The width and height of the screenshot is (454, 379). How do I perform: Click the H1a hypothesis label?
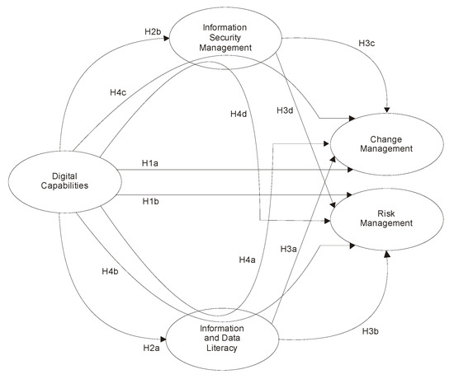click(x=149, y=165)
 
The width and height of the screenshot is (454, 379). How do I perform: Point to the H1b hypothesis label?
click(x=149, y=203)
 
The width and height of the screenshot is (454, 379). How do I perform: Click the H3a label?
click(x=288, y=248)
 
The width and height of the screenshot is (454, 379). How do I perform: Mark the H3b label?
click(x=371, y=331)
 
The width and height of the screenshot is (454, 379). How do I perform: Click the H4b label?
click(x=111, y=270)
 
